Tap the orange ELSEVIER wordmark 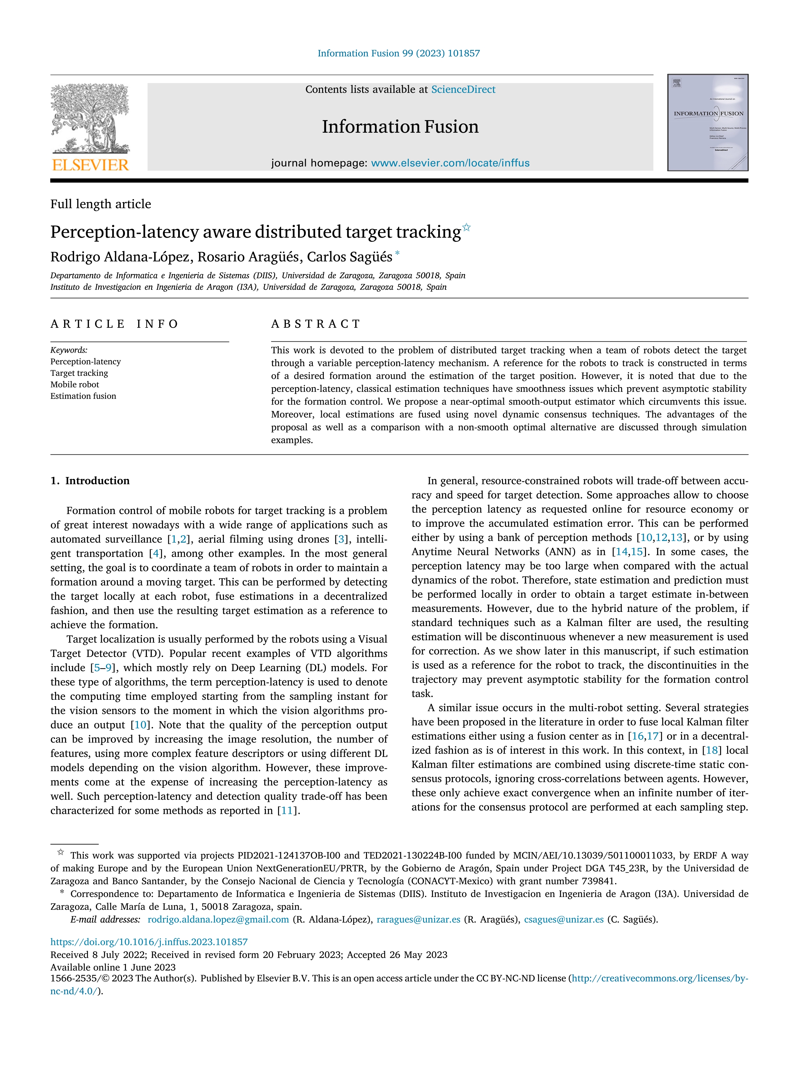(x=90, y=165)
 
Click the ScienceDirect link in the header (x=463, y=90)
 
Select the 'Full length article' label (x=101, y=204)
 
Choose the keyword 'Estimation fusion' (x=83, y=396)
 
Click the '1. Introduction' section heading (x=90, y=480)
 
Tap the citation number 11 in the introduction (x=286, y=810)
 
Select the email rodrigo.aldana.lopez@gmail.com (x=218, y=920)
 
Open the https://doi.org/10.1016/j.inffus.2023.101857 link (x=149, y=942)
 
